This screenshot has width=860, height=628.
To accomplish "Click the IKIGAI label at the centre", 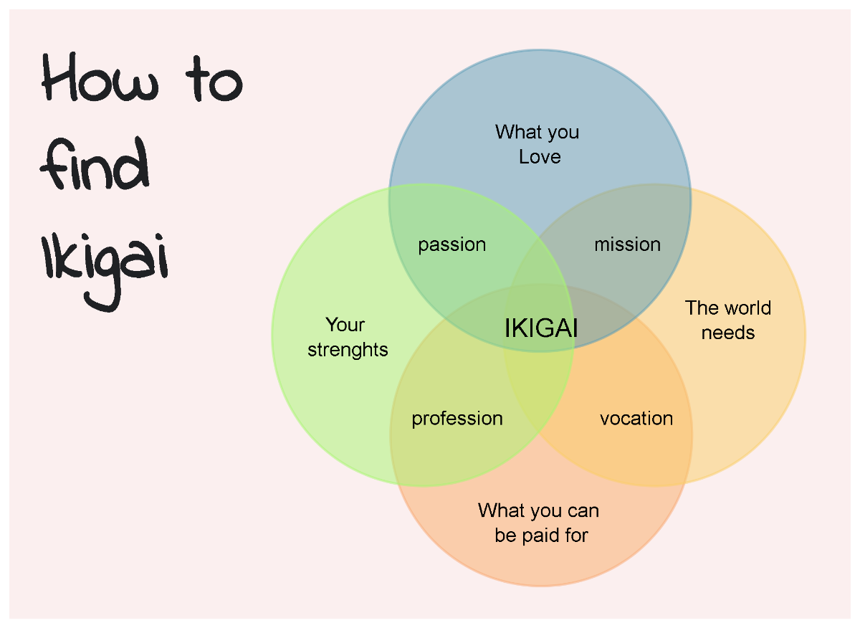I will tap(541, 328).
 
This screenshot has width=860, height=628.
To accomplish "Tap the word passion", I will tap(452, 245).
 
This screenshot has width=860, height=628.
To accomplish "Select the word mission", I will tap(627, 245).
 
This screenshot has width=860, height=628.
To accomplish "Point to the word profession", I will tap(457, 419).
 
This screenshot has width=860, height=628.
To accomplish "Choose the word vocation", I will tap(636, 419).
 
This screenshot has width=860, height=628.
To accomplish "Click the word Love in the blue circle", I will tap(540, 157).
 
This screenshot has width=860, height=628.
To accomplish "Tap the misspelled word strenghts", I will tap(348, 350).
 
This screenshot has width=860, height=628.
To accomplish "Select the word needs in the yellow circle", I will tap(728, 333).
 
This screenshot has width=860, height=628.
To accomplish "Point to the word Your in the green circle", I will tap(345, 325).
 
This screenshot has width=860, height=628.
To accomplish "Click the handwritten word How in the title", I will tap(100, 80).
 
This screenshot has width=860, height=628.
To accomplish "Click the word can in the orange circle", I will tap(582, 510).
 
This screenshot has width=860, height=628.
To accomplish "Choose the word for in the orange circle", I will tap(575, 536).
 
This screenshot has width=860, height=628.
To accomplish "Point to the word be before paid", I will tap(505, 536).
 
